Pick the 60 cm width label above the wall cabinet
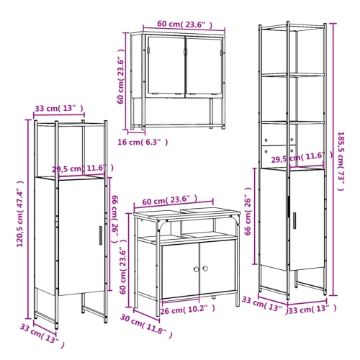(x=177, y=24)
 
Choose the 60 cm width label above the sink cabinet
(x=166, y=200)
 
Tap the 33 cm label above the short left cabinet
(x=58, y=109)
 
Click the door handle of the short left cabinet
(x=101, y=235)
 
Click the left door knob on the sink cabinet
(x=194, y=269)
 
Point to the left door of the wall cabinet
(x=165, y=66)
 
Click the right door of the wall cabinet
(x=204, y=66)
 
